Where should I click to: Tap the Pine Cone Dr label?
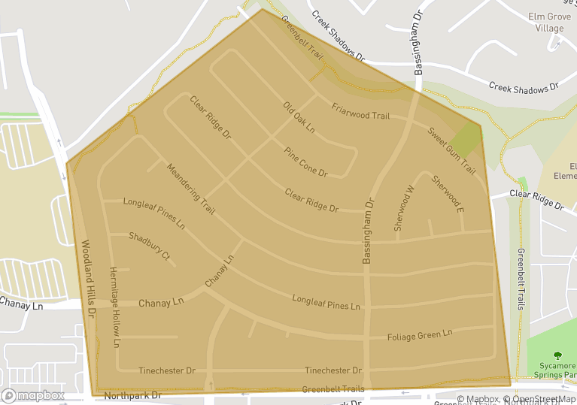pos(305,162)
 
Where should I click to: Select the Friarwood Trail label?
pos(360,111)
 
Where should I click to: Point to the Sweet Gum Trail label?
pos(451,152)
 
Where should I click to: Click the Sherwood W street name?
pos(405,208)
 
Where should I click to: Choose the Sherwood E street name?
pos(448,193)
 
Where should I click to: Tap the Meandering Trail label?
pos(190,189)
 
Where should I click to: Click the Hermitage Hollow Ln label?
pos(114,307)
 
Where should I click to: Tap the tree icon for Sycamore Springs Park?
pos(557,356)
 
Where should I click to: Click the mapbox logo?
pos(32,395)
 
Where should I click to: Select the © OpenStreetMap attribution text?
pos(539,399)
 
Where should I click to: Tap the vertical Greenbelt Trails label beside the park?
pos(521,279)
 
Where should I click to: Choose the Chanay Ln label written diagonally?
pos(220,272)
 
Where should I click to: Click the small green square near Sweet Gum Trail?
pos(467,140)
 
